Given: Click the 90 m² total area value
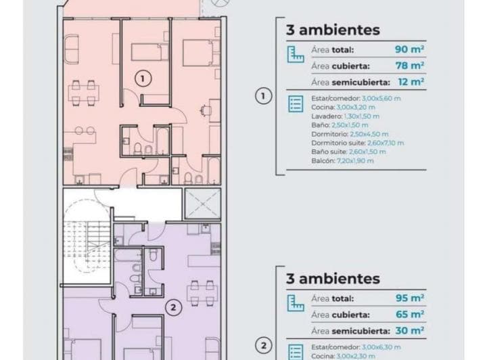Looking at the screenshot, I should (409, 49).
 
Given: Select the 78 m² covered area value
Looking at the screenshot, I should (409, 66).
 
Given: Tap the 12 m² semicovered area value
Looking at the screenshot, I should (410, 82).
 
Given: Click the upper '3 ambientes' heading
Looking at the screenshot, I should (333, 30).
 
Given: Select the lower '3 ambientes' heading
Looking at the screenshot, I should (333, 278).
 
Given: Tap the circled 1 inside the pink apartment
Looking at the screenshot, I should (141, 78).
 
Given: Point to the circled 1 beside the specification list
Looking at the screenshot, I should (263, 96).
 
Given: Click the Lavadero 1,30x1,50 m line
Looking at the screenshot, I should (340, 116).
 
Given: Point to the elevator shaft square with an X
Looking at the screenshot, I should (202, 203).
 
